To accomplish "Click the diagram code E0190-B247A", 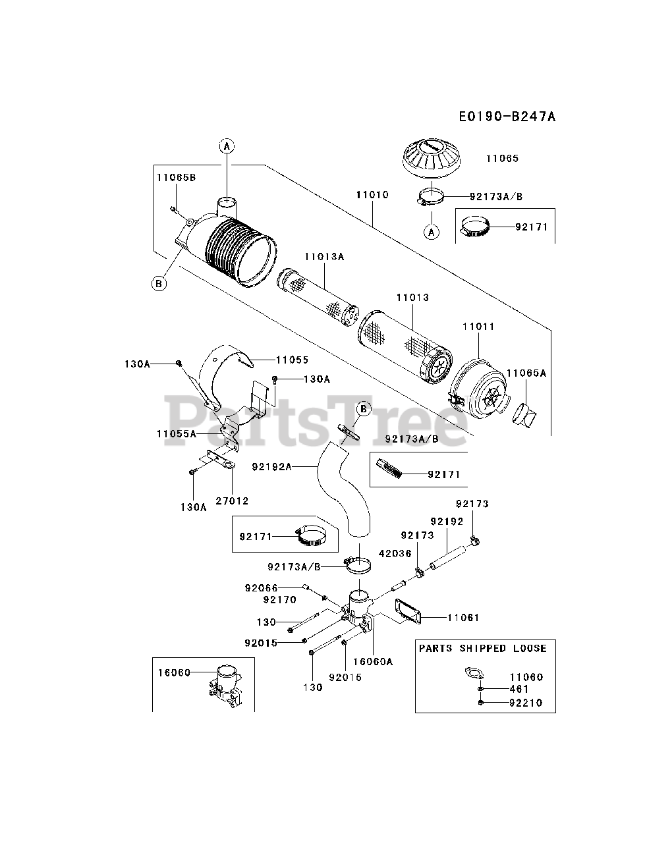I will click(507, 117).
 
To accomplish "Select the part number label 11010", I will click(372, 195).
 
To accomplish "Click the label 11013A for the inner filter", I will click(324, 256).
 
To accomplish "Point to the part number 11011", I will click(478, 327).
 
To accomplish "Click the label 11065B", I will click(176, 177).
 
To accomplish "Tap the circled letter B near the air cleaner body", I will click(158, 283).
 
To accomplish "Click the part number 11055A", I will click(177, 433).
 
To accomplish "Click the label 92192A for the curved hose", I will click(271, 466).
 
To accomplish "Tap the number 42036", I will click(395, 554).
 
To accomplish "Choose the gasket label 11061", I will click(463, 618).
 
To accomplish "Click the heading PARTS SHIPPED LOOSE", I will click(483, 649).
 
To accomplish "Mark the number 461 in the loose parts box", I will click(519, 689).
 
